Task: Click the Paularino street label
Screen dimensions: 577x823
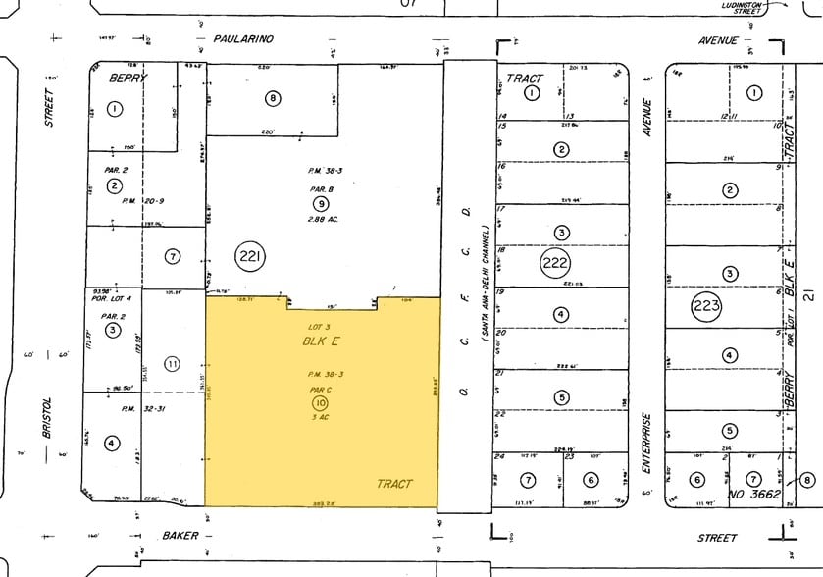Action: [239, 39]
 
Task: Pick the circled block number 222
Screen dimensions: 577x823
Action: [554, 262]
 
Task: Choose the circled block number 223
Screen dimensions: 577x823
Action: [706, 305]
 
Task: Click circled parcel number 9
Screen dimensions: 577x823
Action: [320, 203]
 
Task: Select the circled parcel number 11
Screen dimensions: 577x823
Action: [172, 364]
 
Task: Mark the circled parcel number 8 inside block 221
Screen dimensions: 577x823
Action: [273, 97]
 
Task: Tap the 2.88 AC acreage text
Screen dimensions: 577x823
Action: [323, 219]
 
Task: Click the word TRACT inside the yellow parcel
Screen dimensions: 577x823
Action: [394, 484]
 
